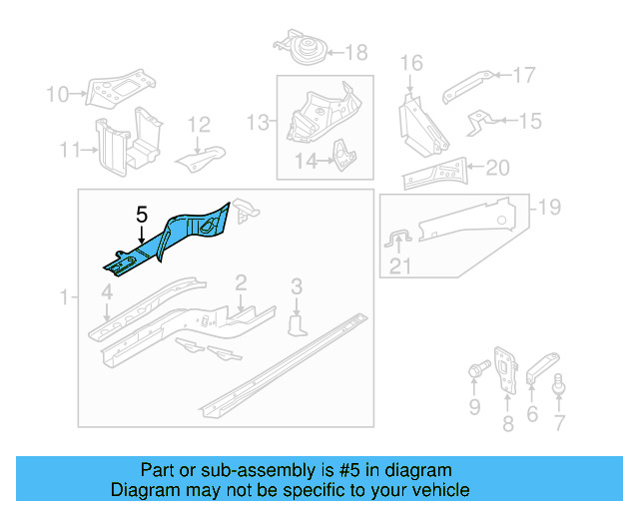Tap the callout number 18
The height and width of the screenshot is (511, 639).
(x=355, y=52)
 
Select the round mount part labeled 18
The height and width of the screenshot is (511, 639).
(x=303, y=48)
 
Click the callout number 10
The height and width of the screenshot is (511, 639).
(x=57, y=95)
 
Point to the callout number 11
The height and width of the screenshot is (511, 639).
(x=68, y=151)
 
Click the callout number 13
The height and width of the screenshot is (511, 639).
(x=259, y=122)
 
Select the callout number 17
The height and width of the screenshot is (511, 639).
(x=524, y=74)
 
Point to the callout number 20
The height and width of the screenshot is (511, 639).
(x=497, y=167)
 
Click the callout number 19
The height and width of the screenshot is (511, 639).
(x=549, y=208)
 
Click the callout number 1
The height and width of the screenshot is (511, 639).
(x=64, y=297)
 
